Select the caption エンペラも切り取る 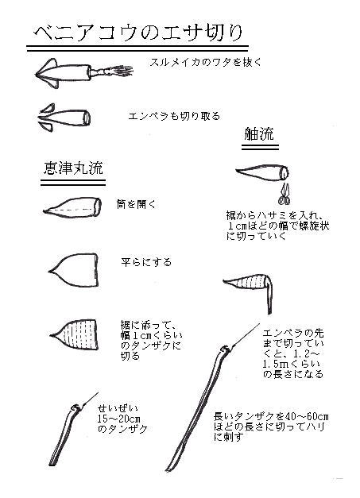(x=174, y=116)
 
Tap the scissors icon (x=285, y=192)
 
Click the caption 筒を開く (x=136, y=204)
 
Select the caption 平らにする (x=146, y=261)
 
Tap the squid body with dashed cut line (x=71, y=207)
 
